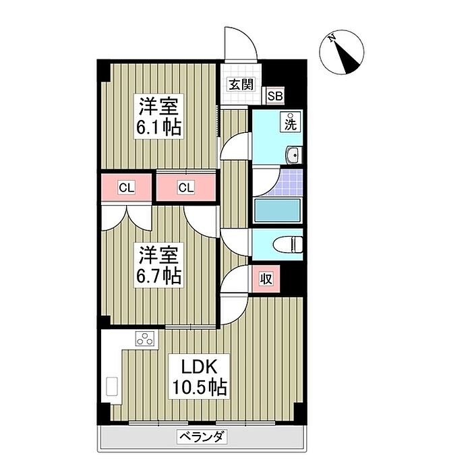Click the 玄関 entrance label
tap(241, 84)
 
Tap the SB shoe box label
tap(275, 96)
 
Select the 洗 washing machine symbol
tap(291, 121)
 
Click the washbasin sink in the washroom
tap(293, 155)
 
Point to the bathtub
tap(277, 210)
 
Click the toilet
tap(287, 244)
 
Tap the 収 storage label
tap(266, 279)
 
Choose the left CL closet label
tap(127, 188)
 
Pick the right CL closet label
tap(186, 188)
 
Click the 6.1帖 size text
tap(159, 127)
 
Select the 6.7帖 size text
tap(159, 276)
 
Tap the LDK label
tap(199, 367)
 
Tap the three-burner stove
tap(146, 338)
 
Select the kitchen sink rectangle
tap(112, 386)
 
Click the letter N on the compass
tap(332, 38)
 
